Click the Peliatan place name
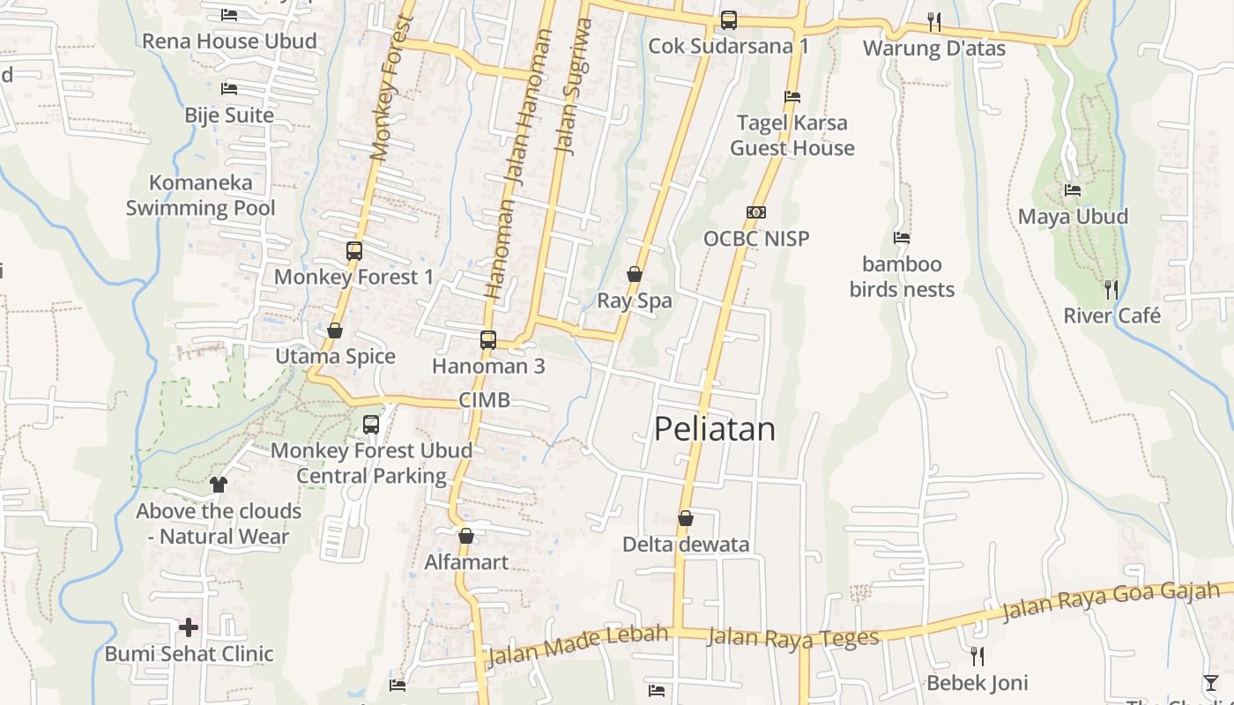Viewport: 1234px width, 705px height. pos(715,429)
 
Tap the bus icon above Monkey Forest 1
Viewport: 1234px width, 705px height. pos(354,251)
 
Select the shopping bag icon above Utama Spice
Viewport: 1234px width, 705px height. pos(335,330)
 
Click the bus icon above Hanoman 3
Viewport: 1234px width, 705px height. pos(488,339)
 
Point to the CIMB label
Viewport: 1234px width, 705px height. pos(484,400)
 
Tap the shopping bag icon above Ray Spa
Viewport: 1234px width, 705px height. pos(634,275)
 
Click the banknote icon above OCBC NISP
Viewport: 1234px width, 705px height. pos(756,212)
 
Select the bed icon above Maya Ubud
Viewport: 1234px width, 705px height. pos(1073,189)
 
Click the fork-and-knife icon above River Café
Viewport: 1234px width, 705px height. pos(1111,289)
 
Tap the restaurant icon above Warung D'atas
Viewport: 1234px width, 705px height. pos(934,21)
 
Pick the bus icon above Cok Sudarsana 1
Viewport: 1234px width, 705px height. pos(728,19)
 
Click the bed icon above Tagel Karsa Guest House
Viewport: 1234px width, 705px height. pos(792,97)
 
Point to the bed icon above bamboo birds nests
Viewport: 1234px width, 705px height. pos(902,238)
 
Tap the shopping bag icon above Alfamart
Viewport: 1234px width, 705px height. pos(466,536)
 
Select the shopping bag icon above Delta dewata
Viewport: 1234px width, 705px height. pos(686,518)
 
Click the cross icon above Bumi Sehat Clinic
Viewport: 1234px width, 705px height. pos(189,627)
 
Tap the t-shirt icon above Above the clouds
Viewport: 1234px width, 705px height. pos(219,485)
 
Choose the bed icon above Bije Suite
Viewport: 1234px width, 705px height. pos(229,89)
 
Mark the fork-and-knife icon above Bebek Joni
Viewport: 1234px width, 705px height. pos(977,656)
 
